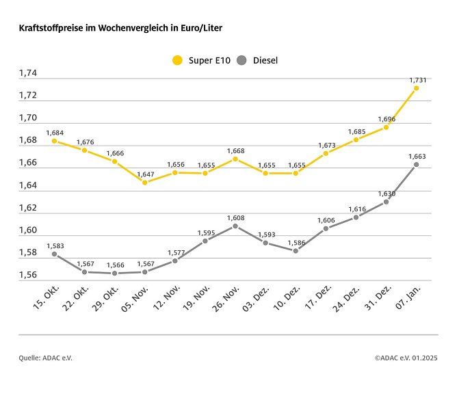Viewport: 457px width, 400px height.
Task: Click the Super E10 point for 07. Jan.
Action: tap(416, 88)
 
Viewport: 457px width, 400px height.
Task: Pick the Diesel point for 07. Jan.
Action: tap(416, 164)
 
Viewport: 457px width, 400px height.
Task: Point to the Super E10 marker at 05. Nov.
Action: tap(144, 183)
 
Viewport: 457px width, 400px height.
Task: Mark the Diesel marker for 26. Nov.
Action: tap(235, 226)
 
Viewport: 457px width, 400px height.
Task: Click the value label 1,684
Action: tap(55, 132)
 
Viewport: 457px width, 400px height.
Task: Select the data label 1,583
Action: tap(55, 245)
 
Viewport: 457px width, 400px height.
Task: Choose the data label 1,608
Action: tap(235, 217)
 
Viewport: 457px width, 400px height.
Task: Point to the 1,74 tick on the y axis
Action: tap(28, 73)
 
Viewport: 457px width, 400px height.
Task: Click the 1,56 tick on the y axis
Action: tap(28, 275)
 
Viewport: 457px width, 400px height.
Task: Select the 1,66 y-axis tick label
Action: tap(28, 163)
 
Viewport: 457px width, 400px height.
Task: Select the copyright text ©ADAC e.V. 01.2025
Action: tap(406, 357)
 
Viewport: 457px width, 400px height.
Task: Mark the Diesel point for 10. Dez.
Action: tap(296, 251)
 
